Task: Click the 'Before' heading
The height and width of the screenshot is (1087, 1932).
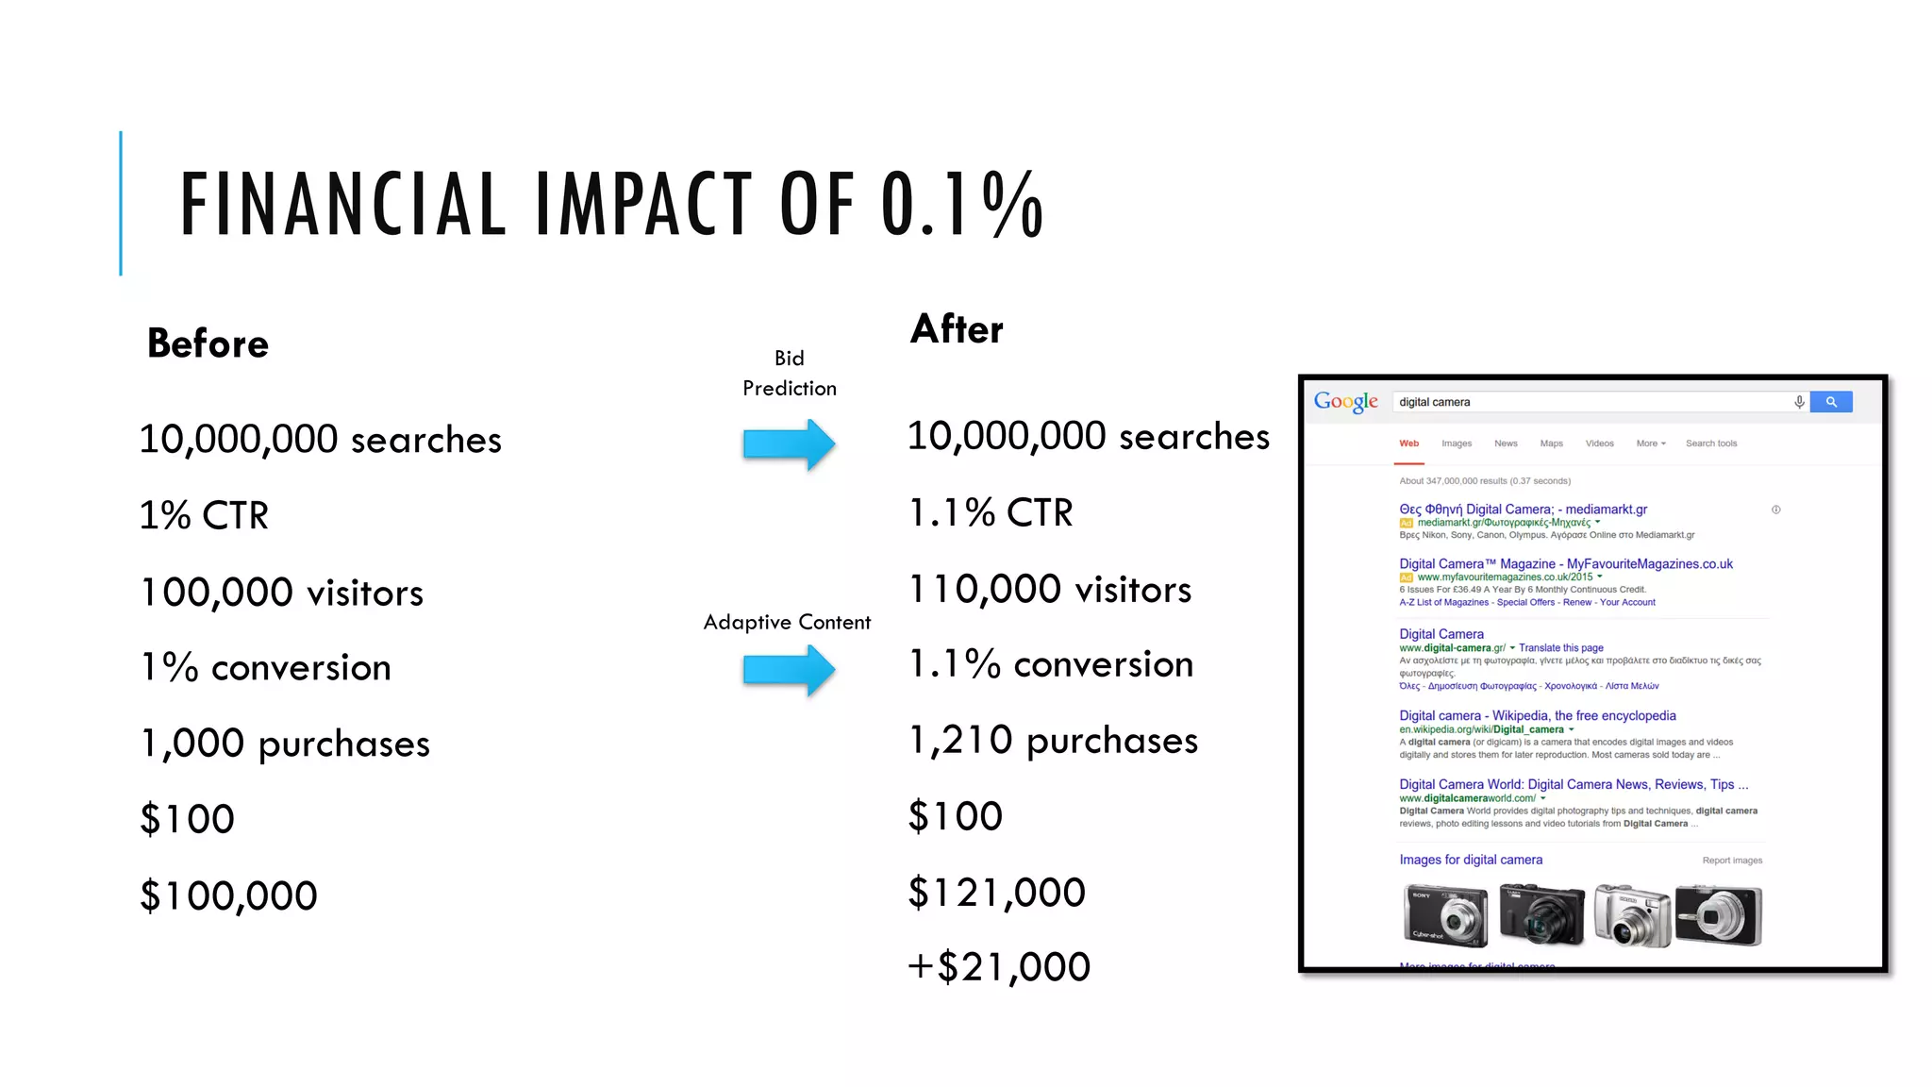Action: coord(208,343)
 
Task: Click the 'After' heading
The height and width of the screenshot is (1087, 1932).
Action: coord(957,329)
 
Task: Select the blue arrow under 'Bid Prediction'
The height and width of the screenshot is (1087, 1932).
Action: coord(789,443)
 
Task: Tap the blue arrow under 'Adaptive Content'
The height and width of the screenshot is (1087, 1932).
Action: coord(789,670)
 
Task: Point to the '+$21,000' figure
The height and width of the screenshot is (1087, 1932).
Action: coord(998,967)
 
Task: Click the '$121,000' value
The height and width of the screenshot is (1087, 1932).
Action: coord(996,893)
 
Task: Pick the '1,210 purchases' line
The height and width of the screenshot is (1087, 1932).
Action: coord(1052,741)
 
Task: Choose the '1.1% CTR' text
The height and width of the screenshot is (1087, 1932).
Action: coord(990,513)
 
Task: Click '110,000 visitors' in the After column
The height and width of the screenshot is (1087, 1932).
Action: coord(1049,590)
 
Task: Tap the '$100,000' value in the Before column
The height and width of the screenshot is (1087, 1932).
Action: coord(228,895)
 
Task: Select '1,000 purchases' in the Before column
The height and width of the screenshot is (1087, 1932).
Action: coord(285,744)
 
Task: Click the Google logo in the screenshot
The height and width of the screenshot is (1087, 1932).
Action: coord(1345,402)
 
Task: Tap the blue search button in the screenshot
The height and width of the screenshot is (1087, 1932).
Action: coord(1831,402)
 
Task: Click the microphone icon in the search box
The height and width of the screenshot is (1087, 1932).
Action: coord(1799,402)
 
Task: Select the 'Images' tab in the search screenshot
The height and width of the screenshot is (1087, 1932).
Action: coord(1456,443)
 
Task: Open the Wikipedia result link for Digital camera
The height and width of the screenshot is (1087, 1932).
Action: coord(1537,716)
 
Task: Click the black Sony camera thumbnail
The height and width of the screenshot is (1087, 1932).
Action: coord(1445,915)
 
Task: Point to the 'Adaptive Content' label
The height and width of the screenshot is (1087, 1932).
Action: coord(787,623)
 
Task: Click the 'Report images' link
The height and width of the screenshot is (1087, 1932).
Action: coord(1732,861)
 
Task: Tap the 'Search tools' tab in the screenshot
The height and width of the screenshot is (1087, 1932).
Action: coord(1710,443)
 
